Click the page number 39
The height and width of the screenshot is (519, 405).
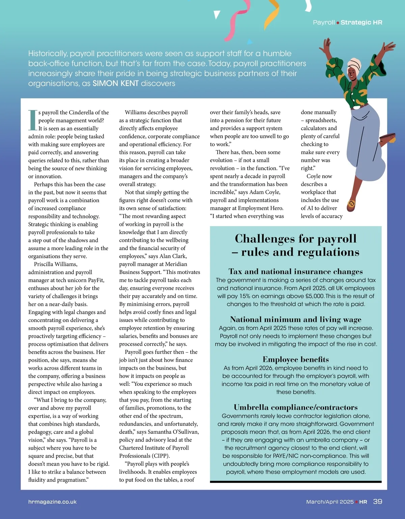378,501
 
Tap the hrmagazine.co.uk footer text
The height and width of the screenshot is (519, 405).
52,502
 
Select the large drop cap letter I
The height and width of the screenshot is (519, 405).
33,120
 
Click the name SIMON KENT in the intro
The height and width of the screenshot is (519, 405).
115,83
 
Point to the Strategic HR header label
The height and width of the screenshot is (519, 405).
361,22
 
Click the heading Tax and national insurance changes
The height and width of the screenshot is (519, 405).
296,271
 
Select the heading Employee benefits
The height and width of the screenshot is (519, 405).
296,359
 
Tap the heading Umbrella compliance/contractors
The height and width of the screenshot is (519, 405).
296,407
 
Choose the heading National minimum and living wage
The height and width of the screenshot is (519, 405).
296,319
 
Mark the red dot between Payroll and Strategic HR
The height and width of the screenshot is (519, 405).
337,23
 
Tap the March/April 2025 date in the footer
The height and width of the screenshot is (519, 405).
330,502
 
